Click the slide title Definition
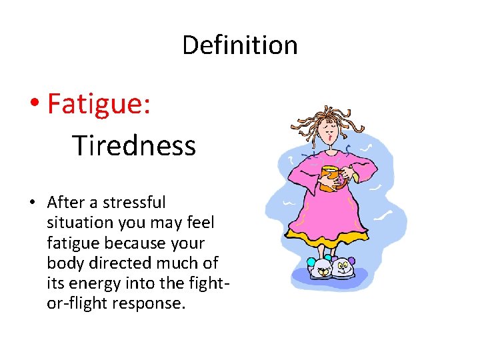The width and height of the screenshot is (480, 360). (239, 45)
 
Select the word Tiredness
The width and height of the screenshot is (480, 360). (134, 145)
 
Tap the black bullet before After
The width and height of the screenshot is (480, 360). (37, 203)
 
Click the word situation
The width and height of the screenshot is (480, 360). (77, 222)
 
